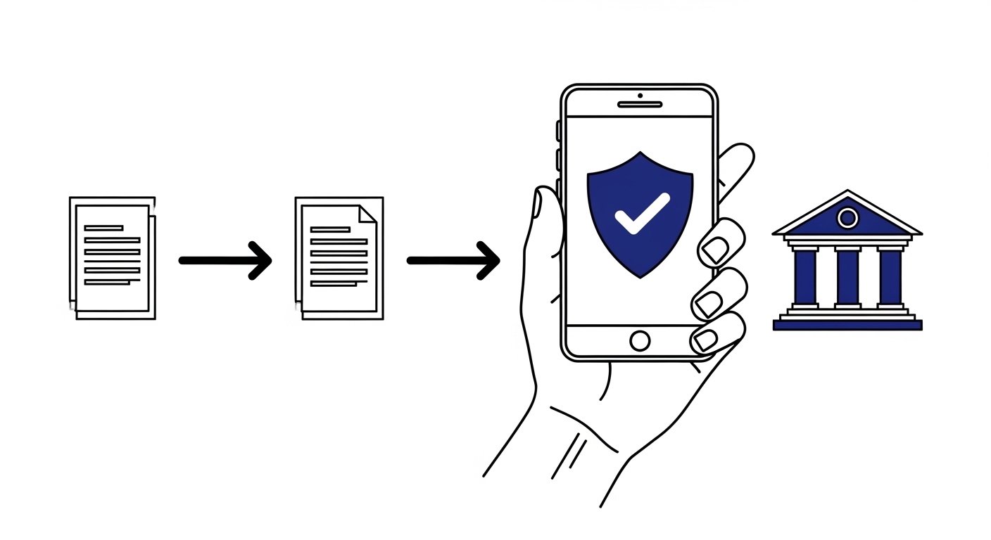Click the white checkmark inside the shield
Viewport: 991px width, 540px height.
(x=641, y=212)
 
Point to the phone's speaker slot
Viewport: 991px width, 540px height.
(x=640, y=105)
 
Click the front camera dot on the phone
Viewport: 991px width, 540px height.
(x=640, y=95)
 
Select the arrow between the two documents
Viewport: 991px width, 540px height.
(x=225, y=260)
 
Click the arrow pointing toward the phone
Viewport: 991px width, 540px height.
(x=453, y=261)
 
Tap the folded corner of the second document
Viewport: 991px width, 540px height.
(x=368, y=214)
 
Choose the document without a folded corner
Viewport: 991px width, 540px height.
(x=113, y=258)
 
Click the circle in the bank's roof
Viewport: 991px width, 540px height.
(x=848, y=218)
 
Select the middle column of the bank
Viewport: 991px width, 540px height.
(x=847, y=277)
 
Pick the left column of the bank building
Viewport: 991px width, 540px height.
(x=804, y=277)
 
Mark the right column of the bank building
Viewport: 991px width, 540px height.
(x=890, y=277)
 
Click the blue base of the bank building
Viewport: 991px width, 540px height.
(x=847, y=325)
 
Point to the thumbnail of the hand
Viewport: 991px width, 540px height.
(x=536, y=204)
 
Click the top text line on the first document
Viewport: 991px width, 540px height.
(x=103, y=228)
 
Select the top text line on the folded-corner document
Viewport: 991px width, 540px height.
(x=330, y=229)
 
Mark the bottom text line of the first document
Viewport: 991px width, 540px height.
(x=107, y=282)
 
